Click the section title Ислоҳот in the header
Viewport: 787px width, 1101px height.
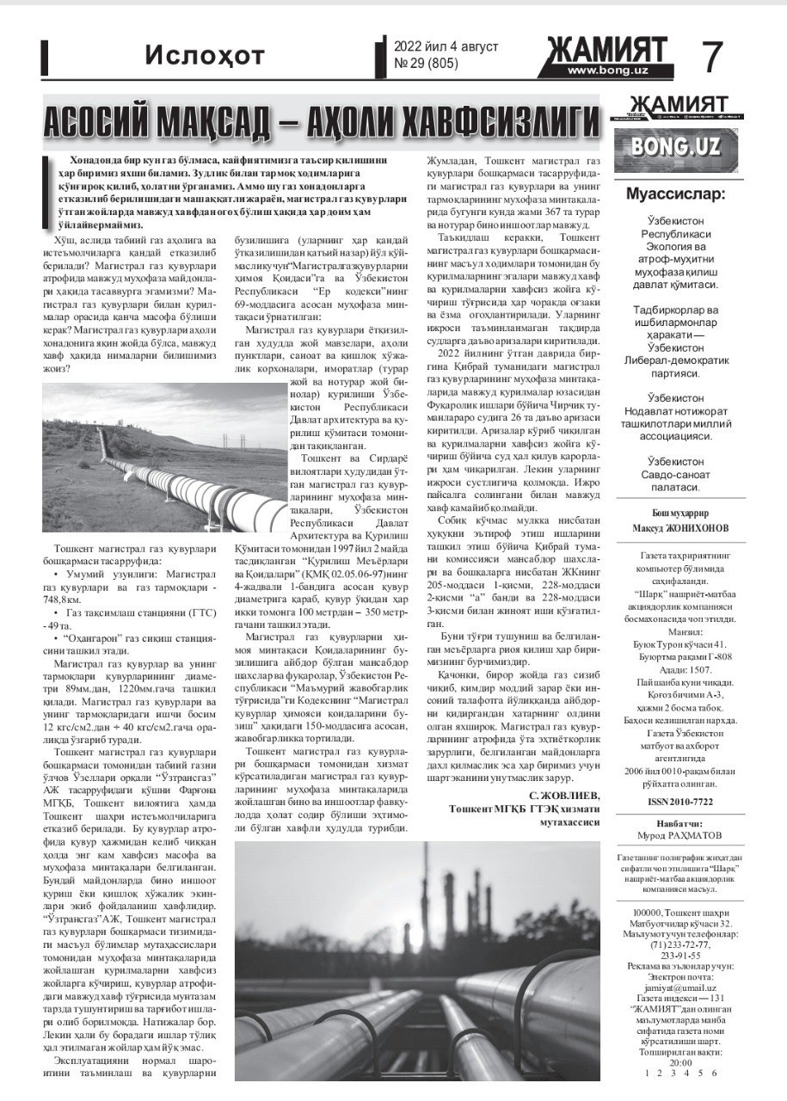click(x=205, y=58)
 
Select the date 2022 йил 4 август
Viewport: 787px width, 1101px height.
click(x=446, y=46)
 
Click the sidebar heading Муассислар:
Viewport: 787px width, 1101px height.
click(x=675, y=193)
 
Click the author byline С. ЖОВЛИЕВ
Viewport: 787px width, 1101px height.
click(x=564, y=795)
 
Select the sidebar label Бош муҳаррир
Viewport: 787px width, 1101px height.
click(x=675, y=513)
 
